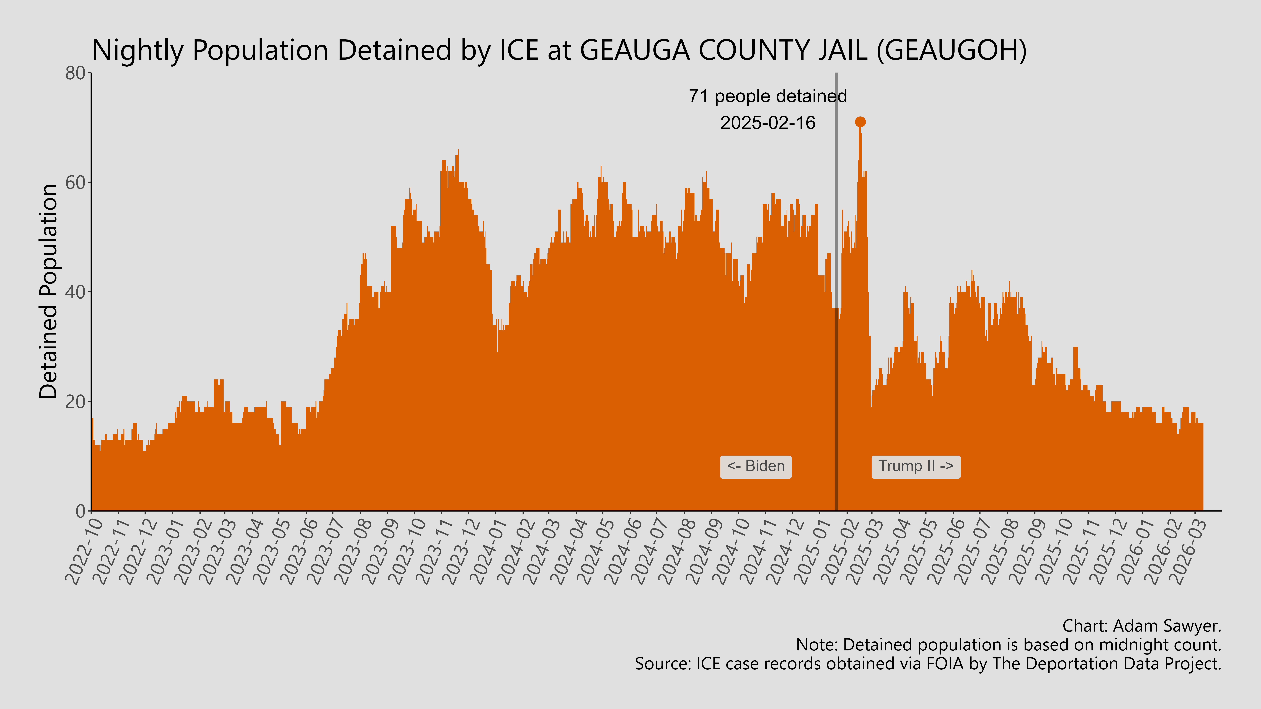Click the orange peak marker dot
coord(860,122)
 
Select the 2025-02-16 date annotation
coord(768,123)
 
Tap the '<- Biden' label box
coord(755,466)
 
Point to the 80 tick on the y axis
coord(76,73)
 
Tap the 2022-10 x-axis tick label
coord(84,551)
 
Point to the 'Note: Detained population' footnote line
coord(1008,645)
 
